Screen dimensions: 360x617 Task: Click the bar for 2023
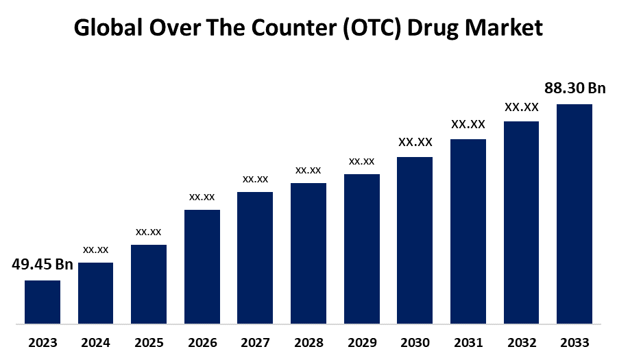click(43, 302)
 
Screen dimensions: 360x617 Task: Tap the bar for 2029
click(362, 248)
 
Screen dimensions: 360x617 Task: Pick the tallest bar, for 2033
click(574, 213)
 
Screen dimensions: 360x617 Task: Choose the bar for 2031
click(468, 231)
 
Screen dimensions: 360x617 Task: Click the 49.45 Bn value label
click(43, 265)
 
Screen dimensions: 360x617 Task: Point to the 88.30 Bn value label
click(574, 88)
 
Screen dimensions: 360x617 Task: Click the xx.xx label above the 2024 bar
click(95, 250)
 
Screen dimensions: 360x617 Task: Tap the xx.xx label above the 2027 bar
click(255, 179)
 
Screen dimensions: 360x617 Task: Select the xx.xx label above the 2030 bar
click(415, 143)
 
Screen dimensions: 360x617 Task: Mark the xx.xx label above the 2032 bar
click(521, 107)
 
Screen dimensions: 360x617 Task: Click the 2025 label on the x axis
click(149, 342)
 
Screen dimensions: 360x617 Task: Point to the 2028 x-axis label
click(308, 342)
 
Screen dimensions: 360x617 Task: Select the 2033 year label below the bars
click(574, 342)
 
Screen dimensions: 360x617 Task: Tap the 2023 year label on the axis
click(43, 342)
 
